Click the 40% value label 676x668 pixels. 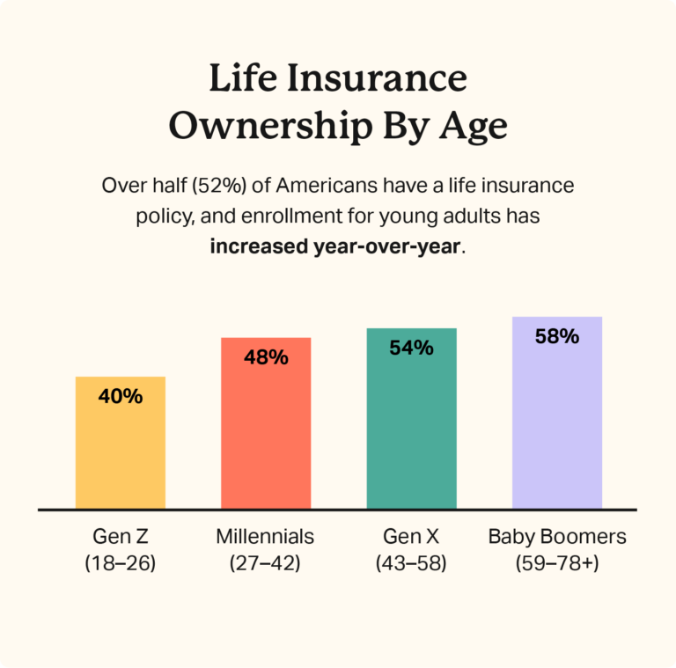(121, 396)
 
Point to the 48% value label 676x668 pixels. (266, 357)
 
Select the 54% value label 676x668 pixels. (411, 348)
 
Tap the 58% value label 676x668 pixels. (557, 336)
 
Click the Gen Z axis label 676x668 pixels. (121, 536)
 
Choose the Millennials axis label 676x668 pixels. (265, 536)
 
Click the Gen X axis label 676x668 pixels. (411, 536)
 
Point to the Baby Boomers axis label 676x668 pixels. (557, 536)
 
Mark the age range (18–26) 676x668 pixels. (121, 563)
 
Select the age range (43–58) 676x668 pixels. (411, 563)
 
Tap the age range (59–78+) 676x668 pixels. (557, 563)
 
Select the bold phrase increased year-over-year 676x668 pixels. (334, 246)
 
